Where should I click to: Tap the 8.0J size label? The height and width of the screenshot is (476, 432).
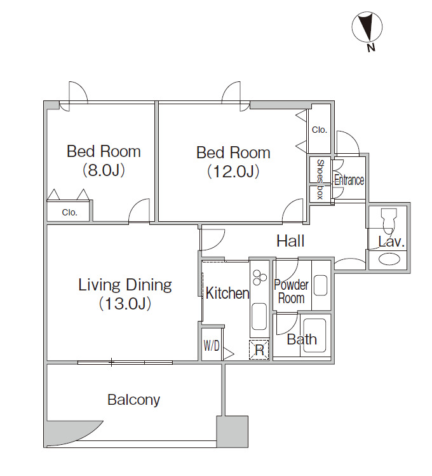(x=104, y=170)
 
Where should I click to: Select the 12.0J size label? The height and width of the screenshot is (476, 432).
(x=233, y=172)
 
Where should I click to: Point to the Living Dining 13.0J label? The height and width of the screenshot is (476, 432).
(x=125, y=294)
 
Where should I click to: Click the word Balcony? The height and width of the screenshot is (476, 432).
(x=134, y=400)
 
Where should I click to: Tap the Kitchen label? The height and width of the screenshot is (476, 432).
(x=227, y=293)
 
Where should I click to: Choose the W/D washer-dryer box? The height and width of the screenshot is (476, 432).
(x=212, y=345)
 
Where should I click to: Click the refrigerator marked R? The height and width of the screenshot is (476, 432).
(x=259, y=350)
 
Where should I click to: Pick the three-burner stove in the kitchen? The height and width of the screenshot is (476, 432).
(x=260, y=278)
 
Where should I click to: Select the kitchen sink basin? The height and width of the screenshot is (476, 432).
(x=259, y=316)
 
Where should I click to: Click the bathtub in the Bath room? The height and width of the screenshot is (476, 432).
(x=314, y=335)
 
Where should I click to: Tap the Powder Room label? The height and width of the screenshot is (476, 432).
(x=291, y=292)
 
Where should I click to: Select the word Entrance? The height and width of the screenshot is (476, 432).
(x=349, y=180)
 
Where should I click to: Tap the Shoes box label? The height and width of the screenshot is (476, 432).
(x=320, y=179)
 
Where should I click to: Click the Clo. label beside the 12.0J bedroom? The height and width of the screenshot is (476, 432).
(x=320, y=130)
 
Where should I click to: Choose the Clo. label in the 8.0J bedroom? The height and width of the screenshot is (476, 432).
(x=69, y=212)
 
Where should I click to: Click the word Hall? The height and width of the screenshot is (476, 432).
(x=290, y=241)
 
